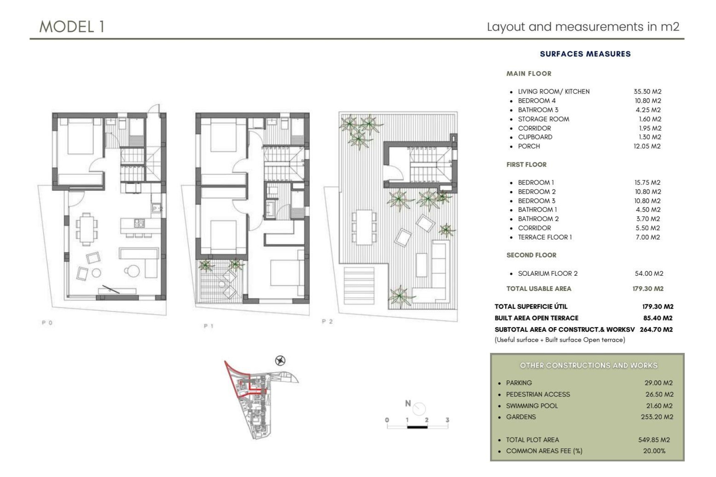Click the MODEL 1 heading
(72, 27)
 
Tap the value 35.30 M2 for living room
(647, 91)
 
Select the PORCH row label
(529, 146)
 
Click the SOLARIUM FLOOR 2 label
(547, 274)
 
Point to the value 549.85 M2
(654, 440)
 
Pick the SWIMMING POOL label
(532, 406)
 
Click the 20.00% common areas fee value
(654, 451)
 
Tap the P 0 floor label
(47, 323)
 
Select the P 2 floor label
(327, 321)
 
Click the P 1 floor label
(208, 326)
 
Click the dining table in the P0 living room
(87, 229)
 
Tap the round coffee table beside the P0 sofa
(132, 271)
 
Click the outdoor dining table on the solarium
(364, 227)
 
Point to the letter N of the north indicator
(408, 403)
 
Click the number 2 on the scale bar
(427, 420)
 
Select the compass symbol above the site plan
(280, 360)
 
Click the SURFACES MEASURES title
(585, 54)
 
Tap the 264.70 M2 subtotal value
(656, 329)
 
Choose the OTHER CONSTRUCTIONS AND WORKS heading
(588, 366)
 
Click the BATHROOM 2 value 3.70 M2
(648, 219)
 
